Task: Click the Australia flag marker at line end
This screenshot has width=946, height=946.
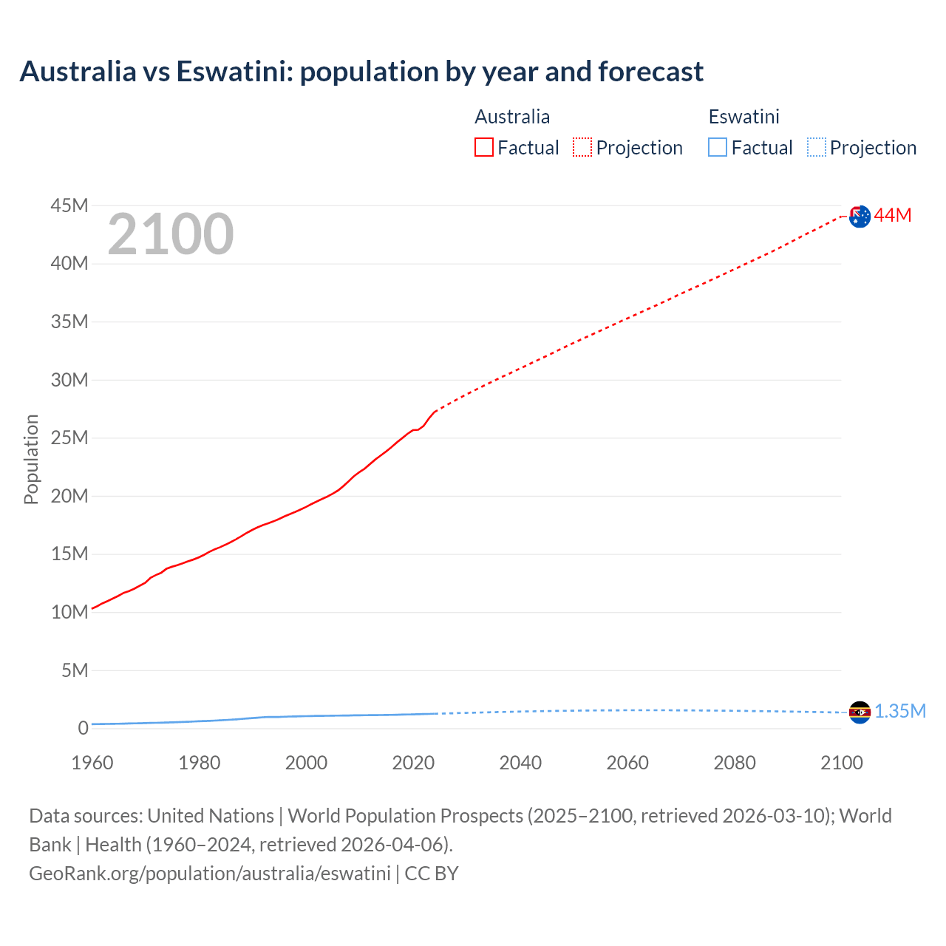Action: pyautogui.click(x=860, y=217)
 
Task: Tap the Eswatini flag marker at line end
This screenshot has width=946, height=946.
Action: pyautogui.click(x=860, y=712)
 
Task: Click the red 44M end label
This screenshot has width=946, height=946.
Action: pyautogui.click(x=893, y=215)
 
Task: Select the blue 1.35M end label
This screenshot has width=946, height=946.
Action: pyautogui.click(x=900, y=711)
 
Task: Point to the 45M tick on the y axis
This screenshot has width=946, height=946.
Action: pyautogui.click(x=69, y=205)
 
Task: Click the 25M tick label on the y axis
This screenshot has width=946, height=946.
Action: pyautogui.click(x=69, y=438)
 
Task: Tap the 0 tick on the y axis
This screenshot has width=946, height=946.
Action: pyautogui.click(x=83, y=728)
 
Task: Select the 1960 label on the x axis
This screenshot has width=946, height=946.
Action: pyautogui.click(x=92, y=763)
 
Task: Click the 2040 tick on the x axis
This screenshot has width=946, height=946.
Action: pyautogui.click(x=520, y=763)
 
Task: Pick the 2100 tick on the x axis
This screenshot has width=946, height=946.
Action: pyautogui.click(x=841, y=763)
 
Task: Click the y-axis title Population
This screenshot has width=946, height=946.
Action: pyautogui.click(x=31, y=459)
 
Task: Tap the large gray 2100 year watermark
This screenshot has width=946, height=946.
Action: pyautogui.click(x=171, y=235)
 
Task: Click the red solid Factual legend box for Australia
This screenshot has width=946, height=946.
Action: pyautogui.click(x=484, y=148)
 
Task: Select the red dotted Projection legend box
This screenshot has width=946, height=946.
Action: pyautogui.click(x=582, y=148)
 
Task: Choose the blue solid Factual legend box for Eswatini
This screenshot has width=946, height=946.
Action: pyautogui.click(x=718, y=148)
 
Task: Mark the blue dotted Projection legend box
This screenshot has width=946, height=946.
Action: pyautogui.click(x=817, y=148)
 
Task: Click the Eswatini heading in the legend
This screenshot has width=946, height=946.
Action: pyautogui.click(x=743, y=117)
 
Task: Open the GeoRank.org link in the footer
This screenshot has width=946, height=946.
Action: pyautogui.click(x=209, y=873)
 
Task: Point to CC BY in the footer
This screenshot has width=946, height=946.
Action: pyautogui.click(x=432, y=873)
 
